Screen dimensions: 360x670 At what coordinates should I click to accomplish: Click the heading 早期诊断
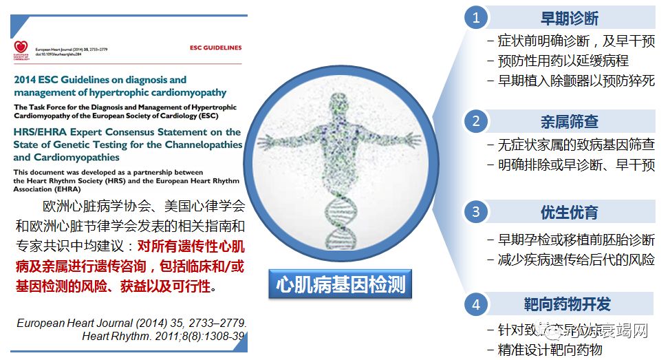click(x=570, y=18)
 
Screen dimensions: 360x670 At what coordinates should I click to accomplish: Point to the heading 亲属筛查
click(x=570, y=122)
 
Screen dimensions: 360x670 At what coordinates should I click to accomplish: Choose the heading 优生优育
click(x=570, y=211)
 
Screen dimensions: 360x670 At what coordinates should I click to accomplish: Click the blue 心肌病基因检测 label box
click(x=341, y=283)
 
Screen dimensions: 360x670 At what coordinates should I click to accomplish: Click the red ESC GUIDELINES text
click(x=215, y=48)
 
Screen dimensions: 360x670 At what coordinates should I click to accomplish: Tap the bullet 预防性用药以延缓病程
click(x=563, y=61)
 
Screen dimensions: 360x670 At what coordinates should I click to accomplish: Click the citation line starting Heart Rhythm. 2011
click(x=164, y=336)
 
